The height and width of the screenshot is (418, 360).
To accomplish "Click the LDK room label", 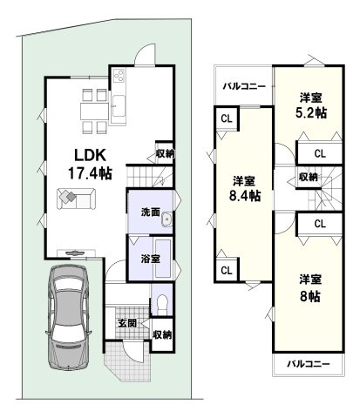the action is click(90, 156).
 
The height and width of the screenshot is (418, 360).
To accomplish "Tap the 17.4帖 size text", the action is click(90, 173).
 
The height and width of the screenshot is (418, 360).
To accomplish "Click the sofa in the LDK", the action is click(76, 199).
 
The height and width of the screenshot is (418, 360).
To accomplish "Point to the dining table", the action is click(94, 111).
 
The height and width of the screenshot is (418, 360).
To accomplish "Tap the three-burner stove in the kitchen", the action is click(119, 76).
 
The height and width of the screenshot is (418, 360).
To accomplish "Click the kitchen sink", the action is click(119, 106).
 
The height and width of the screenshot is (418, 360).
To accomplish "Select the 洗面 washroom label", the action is click(150, 212).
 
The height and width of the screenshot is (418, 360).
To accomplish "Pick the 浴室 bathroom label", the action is click(150, 259).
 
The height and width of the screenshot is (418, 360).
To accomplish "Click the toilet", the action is click(162, 304).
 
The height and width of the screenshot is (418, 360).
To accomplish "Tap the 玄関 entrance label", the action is click(127, 323).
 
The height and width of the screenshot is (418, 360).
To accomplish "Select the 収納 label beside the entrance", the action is click(162, 334).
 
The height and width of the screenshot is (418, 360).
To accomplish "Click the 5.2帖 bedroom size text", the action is click(311, 113).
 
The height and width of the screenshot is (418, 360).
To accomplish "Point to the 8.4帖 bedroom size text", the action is click(245, 196).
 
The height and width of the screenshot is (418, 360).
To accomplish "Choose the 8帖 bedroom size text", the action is click(310, 296).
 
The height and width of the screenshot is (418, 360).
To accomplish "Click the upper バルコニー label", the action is click(244, 86).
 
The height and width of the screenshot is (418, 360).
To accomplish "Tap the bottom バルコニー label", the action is click(309, 363).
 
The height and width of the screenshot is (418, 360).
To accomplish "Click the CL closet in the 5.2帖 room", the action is click(320, 153).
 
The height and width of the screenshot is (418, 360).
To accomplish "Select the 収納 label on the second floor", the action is click(309, 177).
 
